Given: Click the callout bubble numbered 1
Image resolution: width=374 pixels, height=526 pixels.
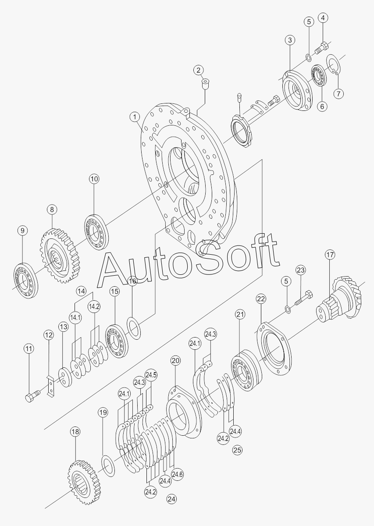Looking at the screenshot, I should pos(135,117).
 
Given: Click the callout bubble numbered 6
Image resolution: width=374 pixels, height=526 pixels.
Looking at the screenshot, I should pos(323,106).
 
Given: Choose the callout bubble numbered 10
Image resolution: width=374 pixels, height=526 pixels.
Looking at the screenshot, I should pos(94,178).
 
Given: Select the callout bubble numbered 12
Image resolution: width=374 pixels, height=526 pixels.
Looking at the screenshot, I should pos(48,335).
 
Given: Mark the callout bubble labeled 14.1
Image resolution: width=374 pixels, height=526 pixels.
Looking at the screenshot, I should pos(76,317).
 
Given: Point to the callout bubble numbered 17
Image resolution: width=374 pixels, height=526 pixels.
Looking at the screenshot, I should pos(330,255).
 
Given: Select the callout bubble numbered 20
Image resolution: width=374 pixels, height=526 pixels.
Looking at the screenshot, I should pos(175,361).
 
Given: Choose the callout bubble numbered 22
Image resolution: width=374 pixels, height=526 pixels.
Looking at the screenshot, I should pos(261,299).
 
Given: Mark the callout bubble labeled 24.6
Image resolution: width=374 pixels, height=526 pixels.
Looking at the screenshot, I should pos(177,474).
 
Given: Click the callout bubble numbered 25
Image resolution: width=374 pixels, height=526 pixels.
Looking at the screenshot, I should pos(237,450).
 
